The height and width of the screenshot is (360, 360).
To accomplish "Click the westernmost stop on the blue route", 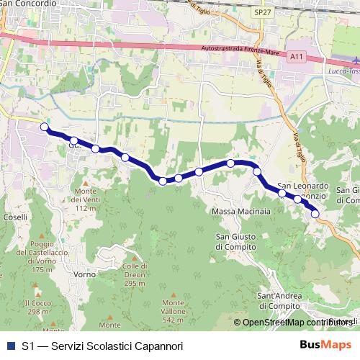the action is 45,127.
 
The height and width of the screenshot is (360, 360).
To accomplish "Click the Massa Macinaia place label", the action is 241,212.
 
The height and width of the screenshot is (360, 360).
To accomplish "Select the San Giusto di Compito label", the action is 235,240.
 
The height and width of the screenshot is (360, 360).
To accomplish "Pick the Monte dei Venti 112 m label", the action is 85,194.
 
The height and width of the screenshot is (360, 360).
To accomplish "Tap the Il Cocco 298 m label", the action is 36,307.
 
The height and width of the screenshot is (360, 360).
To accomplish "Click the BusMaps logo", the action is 326,346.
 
